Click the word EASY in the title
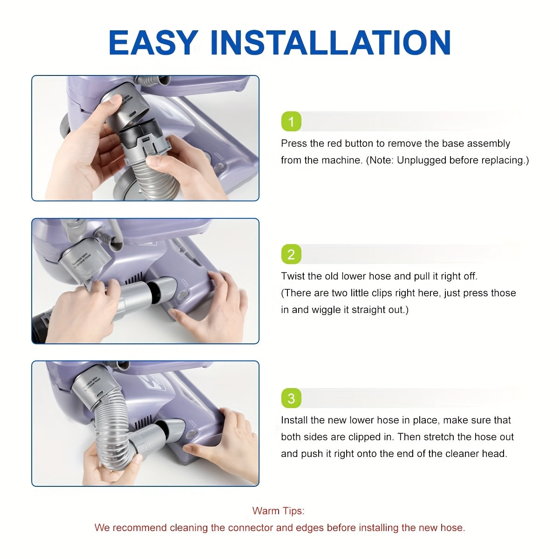153,42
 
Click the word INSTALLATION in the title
331,42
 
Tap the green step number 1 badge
291,121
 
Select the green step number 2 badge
291,254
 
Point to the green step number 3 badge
291,398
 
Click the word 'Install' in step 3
294,420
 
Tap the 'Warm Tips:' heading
279,511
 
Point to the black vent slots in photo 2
134,279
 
